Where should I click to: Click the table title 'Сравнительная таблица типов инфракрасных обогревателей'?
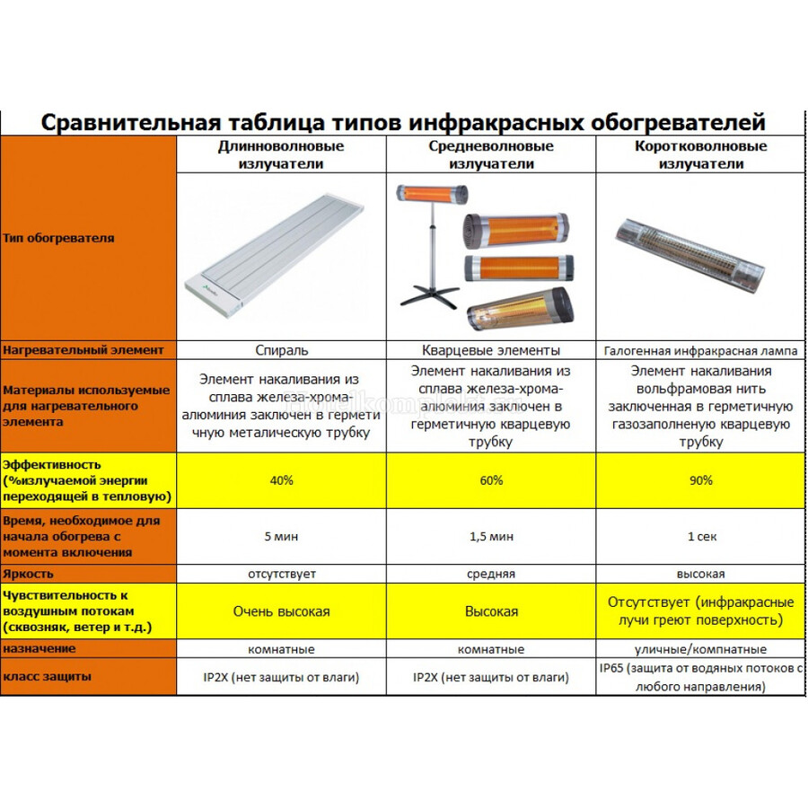point(404,121)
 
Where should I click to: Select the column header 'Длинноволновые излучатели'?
point(281,154)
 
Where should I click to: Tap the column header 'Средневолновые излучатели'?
point(491,154)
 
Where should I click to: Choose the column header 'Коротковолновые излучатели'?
point(700,154)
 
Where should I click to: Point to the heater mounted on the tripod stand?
point(433,194)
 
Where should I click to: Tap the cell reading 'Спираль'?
point(281,350)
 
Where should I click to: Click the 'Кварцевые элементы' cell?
point(491,350)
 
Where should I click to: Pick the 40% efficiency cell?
point(281,480)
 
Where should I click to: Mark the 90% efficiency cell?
point(701,480)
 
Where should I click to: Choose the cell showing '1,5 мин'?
point(491,537)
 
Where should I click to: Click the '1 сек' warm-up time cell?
point(701,537)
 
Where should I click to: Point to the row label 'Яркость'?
point(29,573)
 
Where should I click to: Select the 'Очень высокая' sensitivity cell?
point(281,611)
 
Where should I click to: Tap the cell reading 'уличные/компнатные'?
point(701,648)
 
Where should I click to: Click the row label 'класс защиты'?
point(47,676)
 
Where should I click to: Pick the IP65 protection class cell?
point(701,678)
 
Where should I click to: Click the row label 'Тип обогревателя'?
point(59,238)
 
